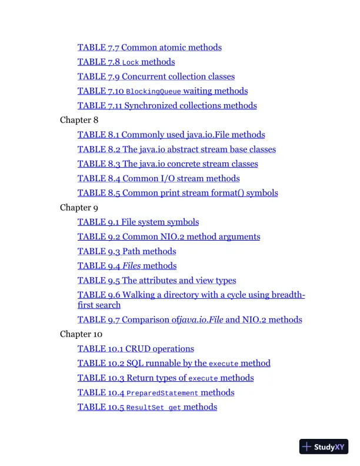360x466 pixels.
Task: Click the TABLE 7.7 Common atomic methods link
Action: [x=149, y=47]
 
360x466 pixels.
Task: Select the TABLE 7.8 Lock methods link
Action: [x=126, y=62]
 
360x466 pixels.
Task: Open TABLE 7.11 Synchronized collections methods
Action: [x=167, y=106]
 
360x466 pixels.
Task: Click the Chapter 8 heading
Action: [x=79, y=120]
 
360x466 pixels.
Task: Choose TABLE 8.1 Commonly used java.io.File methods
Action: [x=171, y=135]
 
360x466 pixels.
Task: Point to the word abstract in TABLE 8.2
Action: [x=185, y=149]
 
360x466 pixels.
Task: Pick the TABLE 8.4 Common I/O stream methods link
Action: [x=158, y=178]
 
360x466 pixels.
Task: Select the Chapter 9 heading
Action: [x=79, y=208]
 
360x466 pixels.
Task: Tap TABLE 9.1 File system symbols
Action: [x=138, y=222]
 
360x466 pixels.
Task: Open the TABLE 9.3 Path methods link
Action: [x=126, y=251]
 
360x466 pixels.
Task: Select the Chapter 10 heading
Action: [x=81, y=334]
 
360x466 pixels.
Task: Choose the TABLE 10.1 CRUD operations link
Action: [x=135, y=349]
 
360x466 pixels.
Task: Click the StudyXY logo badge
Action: [x=324, y=447]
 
